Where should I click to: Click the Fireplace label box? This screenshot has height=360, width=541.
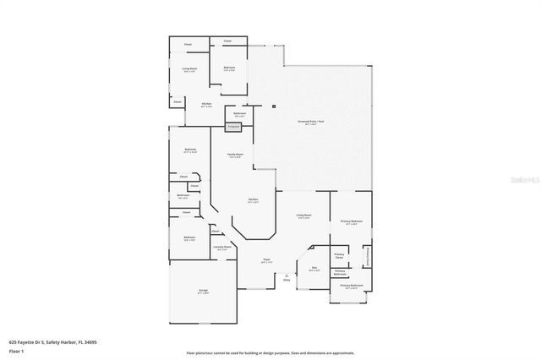233,127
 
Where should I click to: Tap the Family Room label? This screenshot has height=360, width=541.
235,155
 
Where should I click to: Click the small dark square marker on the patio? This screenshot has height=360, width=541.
275,106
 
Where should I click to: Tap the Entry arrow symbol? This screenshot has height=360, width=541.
287,275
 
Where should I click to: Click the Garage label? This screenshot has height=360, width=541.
203,292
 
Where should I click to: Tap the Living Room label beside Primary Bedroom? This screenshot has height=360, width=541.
303,217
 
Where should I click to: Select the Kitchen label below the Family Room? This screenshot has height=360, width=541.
253,201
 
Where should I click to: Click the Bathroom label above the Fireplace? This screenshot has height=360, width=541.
239,115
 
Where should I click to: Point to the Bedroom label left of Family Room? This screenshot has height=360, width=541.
190,151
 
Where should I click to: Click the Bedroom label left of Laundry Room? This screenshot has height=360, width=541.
189,238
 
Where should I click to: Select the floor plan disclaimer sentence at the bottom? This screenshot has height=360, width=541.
270,352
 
